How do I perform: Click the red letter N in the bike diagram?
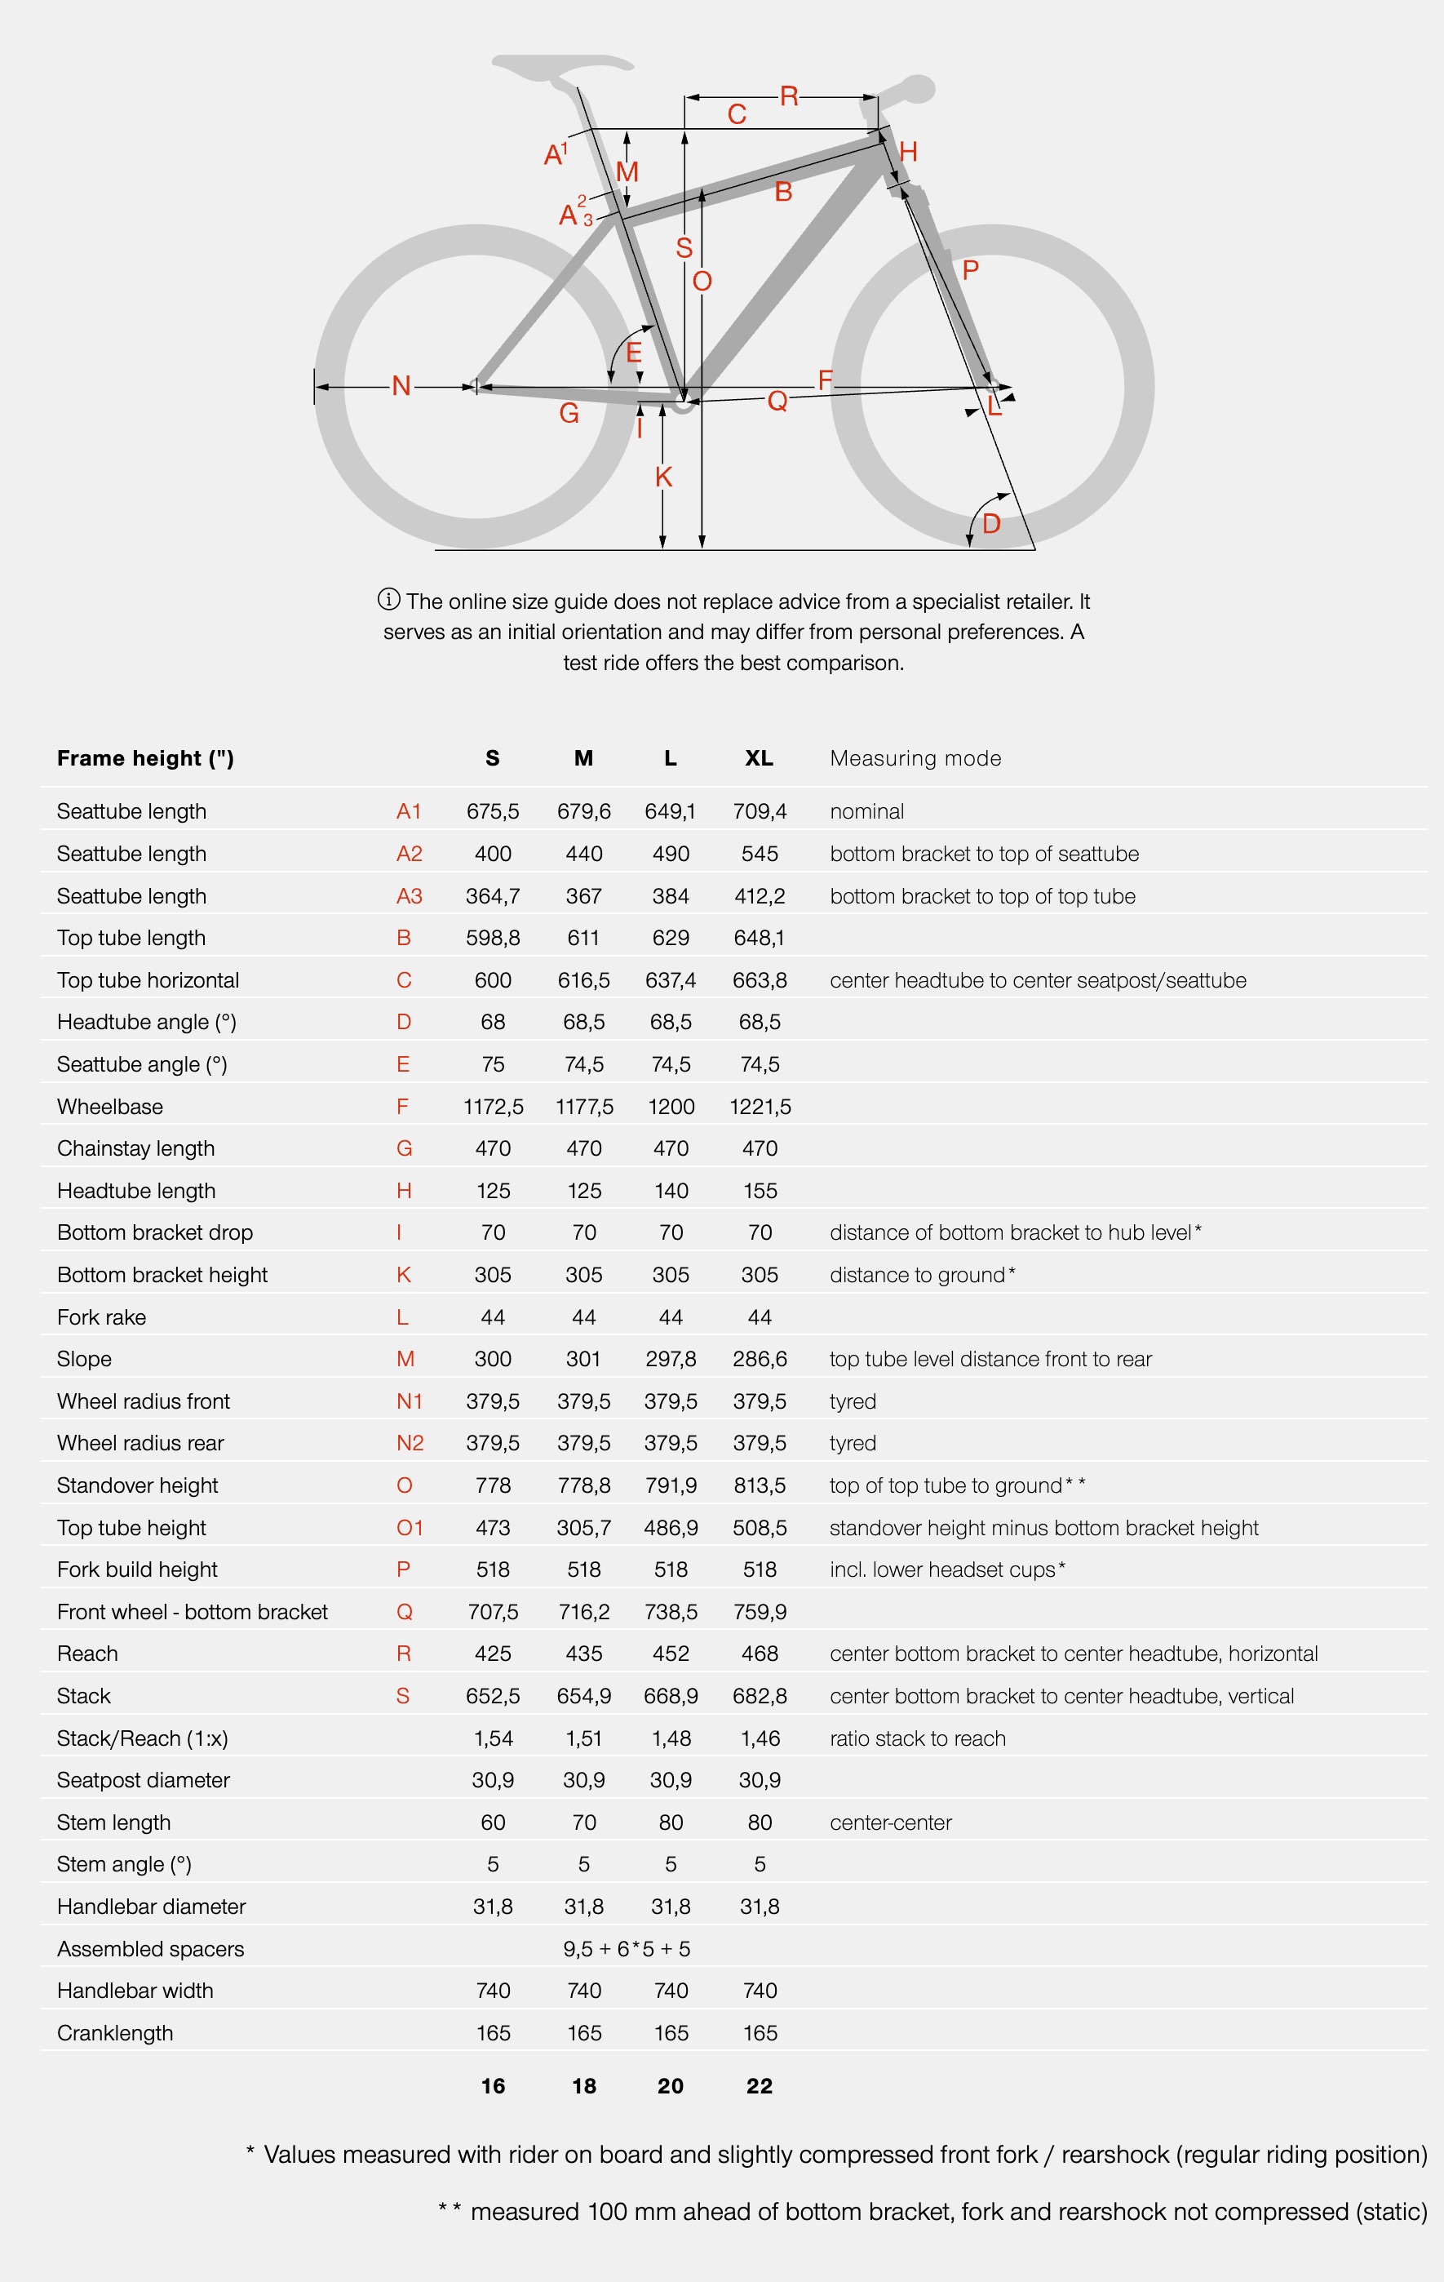[401, 386]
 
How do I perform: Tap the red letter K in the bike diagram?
[663, 477]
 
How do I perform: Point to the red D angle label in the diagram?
[991, 523]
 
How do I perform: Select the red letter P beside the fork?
[970, 270]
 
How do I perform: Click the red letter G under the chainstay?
[569, 413]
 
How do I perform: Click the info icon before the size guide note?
[388, 600]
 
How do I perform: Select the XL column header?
[759, 758]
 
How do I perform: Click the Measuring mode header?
[915, 758]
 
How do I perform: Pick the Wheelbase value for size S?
[493, 1107]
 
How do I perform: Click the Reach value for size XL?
[759, 1654]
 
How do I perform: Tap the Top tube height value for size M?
[583, 1528]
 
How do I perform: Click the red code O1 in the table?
[410, 1528]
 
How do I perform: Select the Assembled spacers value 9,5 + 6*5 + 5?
[627, 1948]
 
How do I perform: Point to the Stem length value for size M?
[583, 1822]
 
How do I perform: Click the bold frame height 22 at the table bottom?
[759, 2086]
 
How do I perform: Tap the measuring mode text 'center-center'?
[891, 1822]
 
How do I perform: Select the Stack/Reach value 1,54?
[493, 1738]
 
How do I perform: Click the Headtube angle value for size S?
[493, 1022]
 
